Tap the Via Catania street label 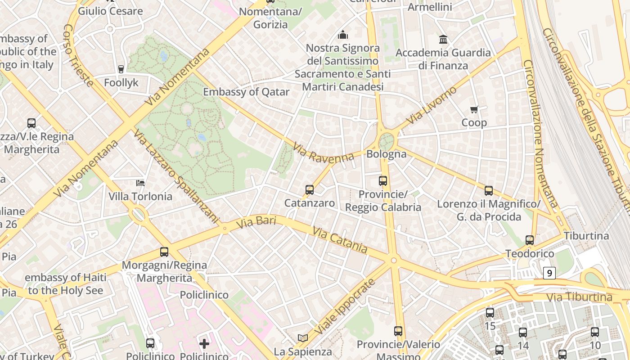(340, 240)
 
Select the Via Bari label (256, 221)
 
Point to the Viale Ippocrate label (345, 306)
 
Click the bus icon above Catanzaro (310, 190)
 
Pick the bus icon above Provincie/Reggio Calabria (383, 181)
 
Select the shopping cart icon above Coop (474, 109)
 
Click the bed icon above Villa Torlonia (140, 183)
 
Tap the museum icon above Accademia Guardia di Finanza (443, 40)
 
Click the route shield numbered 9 (549, 273)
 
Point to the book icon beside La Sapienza (303, 337)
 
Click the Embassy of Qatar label (246, 92)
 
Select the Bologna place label (387, 154)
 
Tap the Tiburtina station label (586, 236)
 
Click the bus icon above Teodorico (530, 240)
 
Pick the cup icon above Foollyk (121, 69)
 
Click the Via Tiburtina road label (580, 297)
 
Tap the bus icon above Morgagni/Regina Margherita (164, 252)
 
